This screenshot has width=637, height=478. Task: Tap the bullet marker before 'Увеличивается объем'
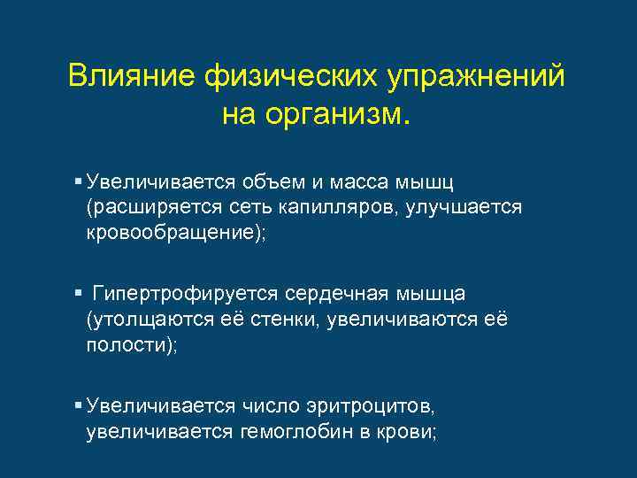pos(79,181)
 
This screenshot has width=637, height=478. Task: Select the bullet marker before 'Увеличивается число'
pos(79,405)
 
